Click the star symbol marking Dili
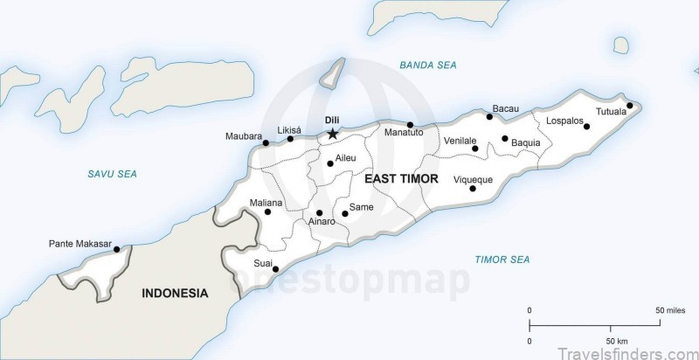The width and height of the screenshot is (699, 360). (x=332, y=134)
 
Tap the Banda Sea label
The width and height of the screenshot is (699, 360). (x=427, y=66)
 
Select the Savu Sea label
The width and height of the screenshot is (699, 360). (x=112, y=175)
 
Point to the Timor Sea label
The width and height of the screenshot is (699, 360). (x=502, y=260)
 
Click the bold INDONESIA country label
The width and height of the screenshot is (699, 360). (x=175, y=294)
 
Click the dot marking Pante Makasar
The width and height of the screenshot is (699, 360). (x=117, y=249)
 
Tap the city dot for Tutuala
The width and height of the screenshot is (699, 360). (x=630, y=106)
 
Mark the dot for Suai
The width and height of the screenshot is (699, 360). (x=276, y=269)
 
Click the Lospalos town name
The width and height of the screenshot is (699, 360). (x=564, y=121)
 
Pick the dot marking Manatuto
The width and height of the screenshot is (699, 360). (x=410, y=125)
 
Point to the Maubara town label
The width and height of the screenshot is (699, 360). (x=243, y=136)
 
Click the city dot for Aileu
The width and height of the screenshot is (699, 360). (x=330, y=163)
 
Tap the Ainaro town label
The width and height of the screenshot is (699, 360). (x=321, y=223)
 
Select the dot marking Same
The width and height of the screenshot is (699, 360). (x=345, y=213)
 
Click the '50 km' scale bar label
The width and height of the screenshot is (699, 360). (x=617, y=340)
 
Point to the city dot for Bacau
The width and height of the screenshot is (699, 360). (x=489, y=117)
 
